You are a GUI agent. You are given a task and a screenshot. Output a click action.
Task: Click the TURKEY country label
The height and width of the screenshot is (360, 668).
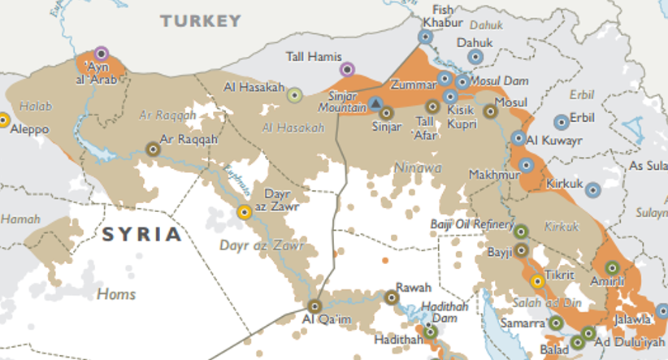pos(201,21)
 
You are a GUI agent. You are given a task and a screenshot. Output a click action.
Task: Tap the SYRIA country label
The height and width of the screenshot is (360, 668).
pos(141,235)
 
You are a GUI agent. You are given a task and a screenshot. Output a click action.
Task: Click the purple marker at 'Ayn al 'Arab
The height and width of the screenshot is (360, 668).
pos(101,54)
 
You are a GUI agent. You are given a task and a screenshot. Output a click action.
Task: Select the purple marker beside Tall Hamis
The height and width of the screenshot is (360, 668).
pos(347,69)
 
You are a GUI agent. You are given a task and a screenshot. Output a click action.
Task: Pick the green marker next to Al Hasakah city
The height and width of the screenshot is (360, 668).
pos(295,95)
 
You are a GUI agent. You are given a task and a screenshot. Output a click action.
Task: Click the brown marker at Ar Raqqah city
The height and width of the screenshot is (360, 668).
pos(152,149)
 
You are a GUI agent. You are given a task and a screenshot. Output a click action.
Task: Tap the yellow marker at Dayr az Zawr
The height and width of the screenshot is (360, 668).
pos(244,213)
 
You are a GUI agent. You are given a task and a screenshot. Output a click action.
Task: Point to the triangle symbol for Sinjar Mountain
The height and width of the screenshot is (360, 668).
pos(375,103)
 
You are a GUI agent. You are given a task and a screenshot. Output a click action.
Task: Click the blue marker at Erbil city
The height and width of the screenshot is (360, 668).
pos(561,122)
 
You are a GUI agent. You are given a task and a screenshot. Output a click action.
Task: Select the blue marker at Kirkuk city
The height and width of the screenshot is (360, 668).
pos(593,190)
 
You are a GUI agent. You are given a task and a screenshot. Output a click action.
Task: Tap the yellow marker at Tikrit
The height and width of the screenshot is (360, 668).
pos(536,281)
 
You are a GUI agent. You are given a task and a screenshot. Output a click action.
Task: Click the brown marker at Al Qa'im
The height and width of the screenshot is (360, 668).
pos(314,306)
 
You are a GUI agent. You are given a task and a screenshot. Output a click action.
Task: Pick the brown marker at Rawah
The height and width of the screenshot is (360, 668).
pos(391,297)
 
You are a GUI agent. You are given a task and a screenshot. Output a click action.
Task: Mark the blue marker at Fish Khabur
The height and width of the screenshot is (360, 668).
pos(425,37)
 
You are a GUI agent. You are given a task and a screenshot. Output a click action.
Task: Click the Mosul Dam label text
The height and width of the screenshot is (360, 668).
pos(500,81)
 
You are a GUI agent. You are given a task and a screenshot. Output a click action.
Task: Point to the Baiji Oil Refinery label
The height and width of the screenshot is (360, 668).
pos(472,224)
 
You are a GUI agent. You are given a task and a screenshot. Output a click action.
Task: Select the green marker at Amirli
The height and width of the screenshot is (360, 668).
pos(612,267)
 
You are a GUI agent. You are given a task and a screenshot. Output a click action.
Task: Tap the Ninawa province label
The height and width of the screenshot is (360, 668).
pos(418,167)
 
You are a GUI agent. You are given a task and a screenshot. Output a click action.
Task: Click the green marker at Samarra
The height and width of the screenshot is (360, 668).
pos(556,323)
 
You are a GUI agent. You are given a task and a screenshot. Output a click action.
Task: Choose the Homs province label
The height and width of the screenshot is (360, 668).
pos(116,293)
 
